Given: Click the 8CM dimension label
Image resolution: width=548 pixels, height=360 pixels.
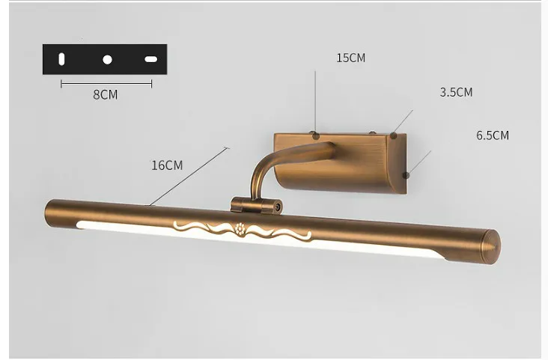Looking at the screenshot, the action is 106,95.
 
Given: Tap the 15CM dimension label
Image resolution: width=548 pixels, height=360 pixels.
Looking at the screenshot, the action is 350,58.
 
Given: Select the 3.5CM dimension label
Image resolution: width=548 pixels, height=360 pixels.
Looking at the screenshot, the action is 456,92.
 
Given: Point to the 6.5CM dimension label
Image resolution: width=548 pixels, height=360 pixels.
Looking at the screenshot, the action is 493,135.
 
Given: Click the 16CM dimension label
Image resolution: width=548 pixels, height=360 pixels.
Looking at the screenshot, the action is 167,165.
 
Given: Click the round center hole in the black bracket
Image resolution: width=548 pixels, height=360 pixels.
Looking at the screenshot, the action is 107,60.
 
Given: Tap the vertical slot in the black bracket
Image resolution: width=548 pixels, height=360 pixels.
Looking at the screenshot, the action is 61,59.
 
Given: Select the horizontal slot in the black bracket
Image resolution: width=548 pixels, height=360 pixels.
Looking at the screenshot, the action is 151,59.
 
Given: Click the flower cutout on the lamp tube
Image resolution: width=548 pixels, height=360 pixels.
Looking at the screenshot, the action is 240,228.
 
